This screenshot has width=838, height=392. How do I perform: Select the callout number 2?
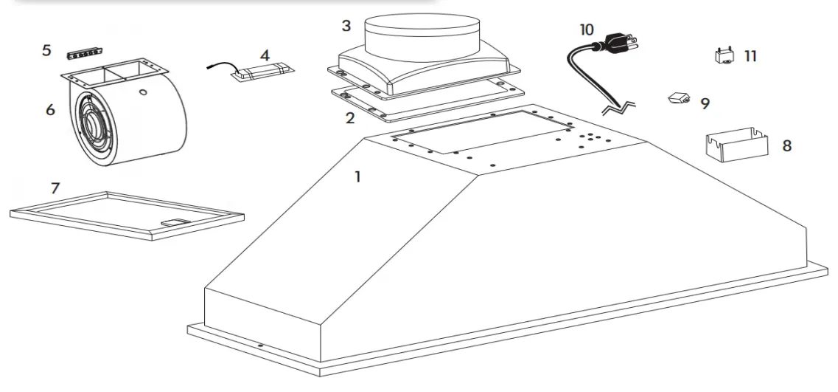click(350, 117)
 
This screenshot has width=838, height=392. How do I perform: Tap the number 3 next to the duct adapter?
click(346, 27)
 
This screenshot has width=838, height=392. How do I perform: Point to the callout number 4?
click(265, 55)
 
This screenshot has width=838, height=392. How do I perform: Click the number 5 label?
click(46, 51)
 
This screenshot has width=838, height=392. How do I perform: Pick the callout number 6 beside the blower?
click(50, 109)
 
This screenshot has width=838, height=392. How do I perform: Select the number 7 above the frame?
click(55, 188)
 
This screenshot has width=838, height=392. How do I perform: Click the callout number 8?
click(786, 145)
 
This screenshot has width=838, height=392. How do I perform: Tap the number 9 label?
click(705, 103)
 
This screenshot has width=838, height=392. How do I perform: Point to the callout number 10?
click(586, 30)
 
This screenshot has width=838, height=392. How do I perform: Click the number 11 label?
click(750, 56)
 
